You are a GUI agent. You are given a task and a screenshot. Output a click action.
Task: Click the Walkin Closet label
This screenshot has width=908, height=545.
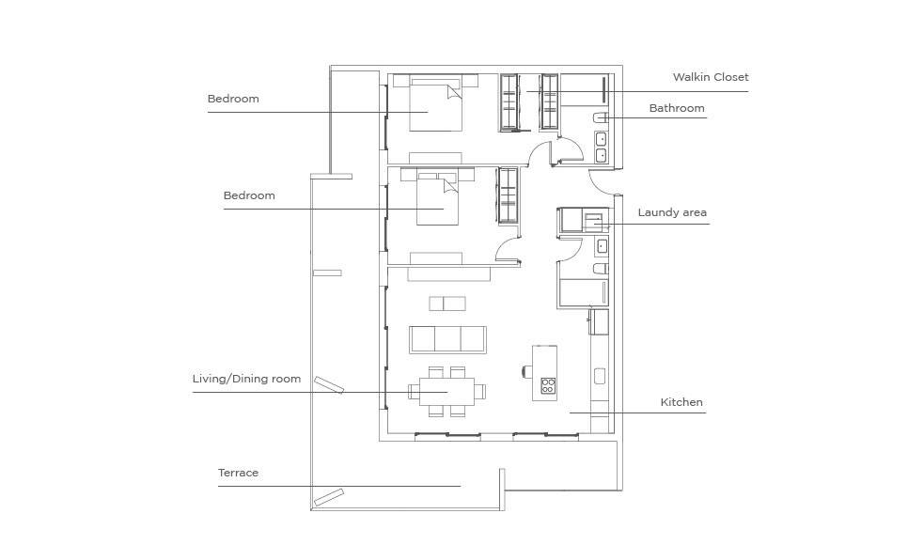711,77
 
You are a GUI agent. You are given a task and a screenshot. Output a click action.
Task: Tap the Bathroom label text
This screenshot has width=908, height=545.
677,108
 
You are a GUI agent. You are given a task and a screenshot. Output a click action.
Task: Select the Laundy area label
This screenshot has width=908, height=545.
672,212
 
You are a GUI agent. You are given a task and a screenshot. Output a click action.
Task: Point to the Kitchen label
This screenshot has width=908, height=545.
681,402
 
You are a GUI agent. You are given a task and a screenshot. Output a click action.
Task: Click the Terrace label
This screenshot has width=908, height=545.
238,473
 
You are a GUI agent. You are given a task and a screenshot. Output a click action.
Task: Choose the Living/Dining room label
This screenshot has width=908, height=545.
246,379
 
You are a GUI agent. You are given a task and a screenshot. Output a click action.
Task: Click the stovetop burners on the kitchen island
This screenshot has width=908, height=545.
548,385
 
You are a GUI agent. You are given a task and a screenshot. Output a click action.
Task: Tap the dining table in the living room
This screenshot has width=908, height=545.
447,392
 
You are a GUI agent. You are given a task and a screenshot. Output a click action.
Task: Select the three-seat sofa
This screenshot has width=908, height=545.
447,339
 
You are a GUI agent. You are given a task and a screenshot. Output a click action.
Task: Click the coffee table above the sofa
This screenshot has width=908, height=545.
447,304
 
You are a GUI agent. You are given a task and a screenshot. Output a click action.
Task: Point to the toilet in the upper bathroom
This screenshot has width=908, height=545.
600,117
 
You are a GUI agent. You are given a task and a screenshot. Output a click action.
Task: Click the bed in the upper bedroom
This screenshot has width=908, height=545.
436,104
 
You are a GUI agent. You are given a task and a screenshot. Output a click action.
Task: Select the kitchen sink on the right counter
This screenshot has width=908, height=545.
600,377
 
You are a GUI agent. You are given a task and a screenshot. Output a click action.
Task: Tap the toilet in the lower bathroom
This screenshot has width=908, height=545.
601,268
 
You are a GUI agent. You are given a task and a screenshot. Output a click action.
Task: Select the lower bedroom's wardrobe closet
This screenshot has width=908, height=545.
508,195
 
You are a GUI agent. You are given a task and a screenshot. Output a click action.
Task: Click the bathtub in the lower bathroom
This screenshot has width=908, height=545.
583,292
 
